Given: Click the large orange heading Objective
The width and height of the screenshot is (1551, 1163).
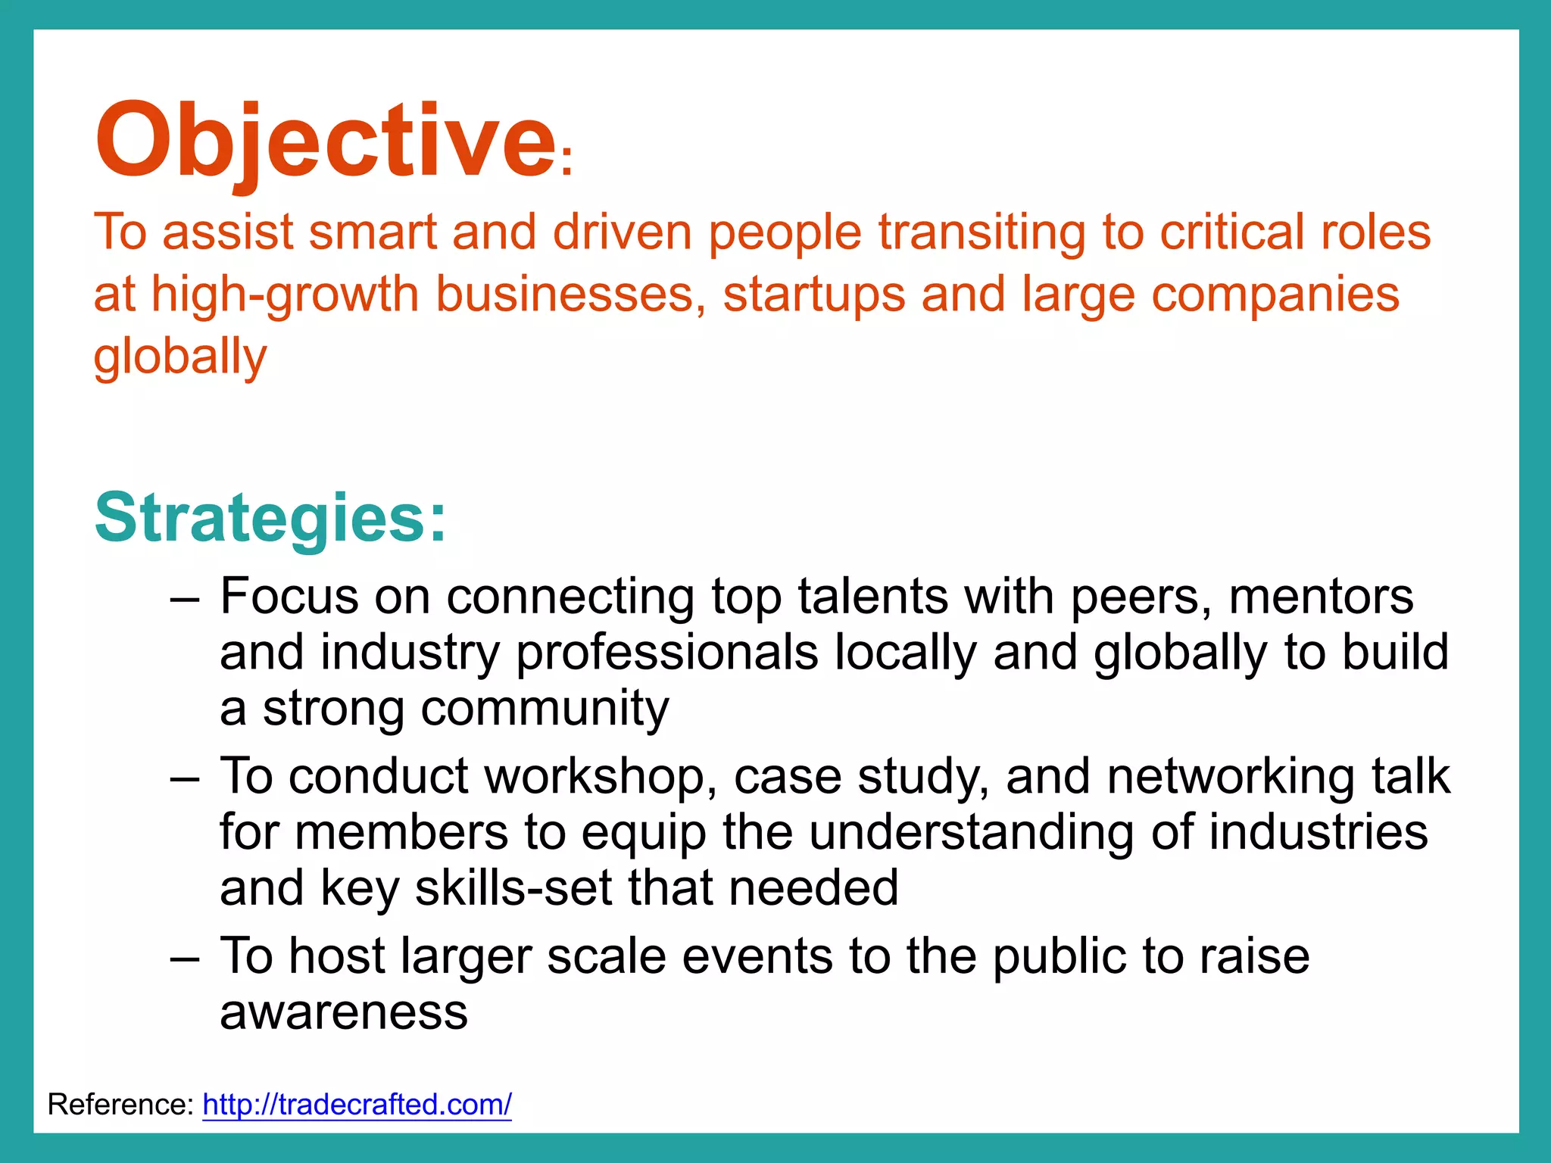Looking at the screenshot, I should pos(326,140).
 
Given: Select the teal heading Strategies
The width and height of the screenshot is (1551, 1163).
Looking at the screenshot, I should pos(270,518).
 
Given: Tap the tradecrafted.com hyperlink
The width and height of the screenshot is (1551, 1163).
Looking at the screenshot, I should pos(357,1105).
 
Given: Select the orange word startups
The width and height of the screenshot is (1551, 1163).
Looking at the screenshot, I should pos(813,295).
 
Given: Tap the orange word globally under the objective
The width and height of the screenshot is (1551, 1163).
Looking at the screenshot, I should pos(180,357).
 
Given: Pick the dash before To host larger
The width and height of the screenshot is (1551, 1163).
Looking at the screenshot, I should pos(185,959).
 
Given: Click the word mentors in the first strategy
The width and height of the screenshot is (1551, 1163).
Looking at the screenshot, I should pos(1320,597).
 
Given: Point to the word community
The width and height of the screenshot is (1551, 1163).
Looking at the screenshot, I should pos(545,709).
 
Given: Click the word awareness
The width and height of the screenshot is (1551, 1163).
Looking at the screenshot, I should pos(344,1012).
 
